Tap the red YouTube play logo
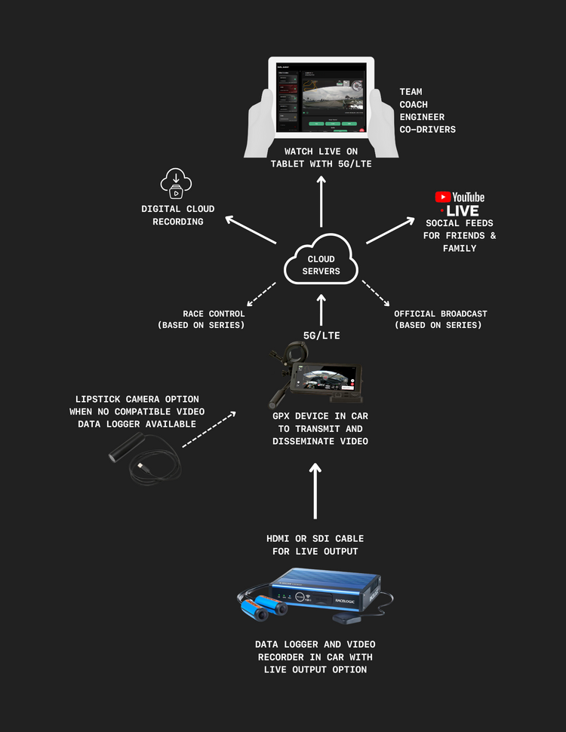tap(443, 197)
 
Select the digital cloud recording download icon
tap(177, 183)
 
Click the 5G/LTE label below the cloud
tap(321, 335)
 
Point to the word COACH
tap(414, 105)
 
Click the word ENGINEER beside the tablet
tap(422, 117)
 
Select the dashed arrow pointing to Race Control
tap(261, 295)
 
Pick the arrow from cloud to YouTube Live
tap(390, 231)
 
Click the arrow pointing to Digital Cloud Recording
tap(252, 231)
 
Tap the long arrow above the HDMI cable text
tap(315, 491)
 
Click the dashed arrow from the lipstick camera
tap(209, 430)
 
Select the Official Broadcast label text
tap(441, 314)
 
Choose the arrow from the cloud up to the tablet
tap(321, 202)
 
